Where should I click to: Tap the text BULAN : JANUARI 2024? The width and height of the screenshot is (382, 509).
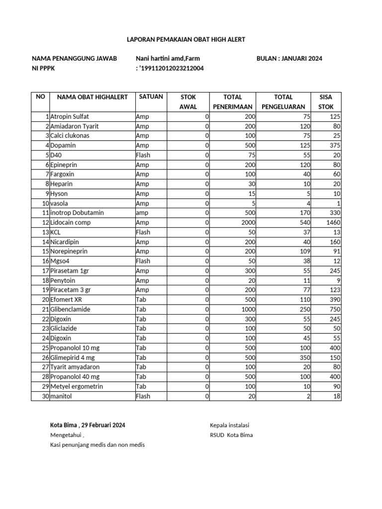[289, 58]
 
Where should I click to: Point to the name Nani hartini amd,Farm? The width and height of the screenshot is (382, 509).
[165, 58]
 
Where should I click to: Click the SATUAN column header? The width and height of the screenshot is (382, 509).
[151, 97]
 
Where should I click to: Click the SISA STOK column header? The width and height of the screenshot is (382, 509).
[326, 101]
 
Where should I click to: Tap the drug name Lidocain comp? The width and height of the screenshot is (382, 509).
[71, 223]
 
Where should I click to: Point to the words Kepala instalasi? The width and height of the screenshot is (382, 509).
[229, 425]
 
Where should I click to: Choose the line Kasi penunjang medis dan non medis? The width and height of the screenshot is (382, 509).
[97, 445]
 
